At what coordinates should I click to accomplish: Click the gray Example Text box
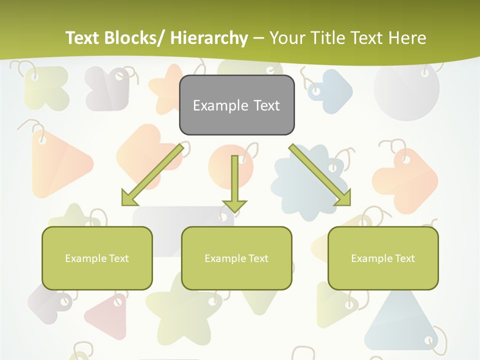[236, 105]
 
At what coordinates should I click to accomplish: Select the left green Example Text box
[97, 258]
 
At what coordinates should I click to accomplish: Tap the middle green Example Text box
[236, 258]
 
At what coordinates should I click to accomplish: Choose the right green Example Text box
[383, 258]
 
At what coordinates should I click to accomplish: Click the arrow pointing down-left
[152, 175]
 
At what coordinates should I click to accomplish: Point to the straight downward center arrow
[234, 182]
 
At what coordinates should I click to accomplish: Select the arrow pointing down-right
[320, 175]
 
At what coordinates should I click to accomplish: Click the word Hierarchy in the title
[209, 38]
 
